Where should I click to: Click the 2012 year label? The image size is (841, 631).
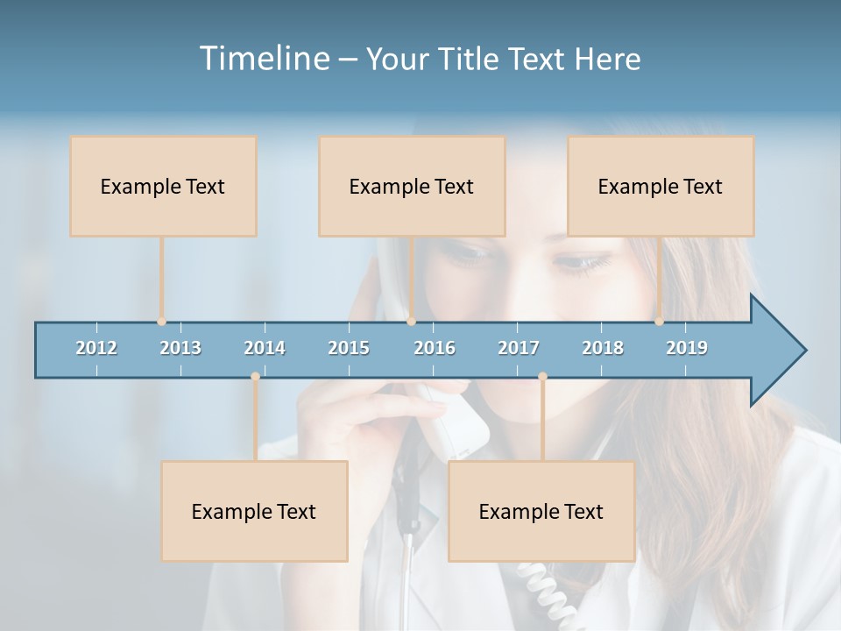(x=96, y=348)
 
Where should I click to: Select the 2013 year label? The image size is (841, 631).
(x=180, y=348)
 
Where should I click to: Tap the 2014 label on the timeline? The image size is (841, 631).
(x=265, y=348)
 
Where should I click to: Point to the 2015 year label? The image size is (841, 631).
(x=349, y=348)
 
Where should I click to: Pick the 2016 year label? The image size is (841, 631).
(x=435, y=348)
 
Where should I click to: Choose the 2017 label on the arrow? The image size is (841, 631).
(x=519, y=348)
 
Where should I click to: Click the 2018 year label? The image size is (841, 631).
(x=603, y=348)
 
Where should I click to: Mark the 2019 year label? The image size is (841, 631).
(x=687, y=348)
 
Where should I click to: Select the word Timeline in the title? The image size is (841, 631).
(x=264, y=59)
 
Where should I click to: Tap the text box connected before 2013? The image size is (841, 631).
(x=163, y=186)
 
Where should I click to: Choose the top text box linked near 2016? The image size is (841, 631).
(x=412, y=186)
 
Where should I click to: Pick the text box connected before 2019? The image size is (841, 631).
(x=661, y=186)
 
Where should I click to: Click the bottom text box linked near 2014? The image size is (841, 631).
(x=254, y=511)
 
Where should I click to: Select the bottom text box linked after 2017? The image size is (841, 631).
(x=541, y=511)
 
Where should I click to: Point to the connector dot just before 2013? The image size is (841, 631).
(x=161, y=322)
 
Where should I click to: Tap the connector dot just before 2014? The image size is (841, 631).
(x=255, y=377)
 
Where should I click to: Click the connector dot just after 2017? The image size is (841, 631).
(x=542, y=377)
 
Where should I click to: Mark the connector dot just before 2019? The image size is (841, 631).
(x=659, y=322)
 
